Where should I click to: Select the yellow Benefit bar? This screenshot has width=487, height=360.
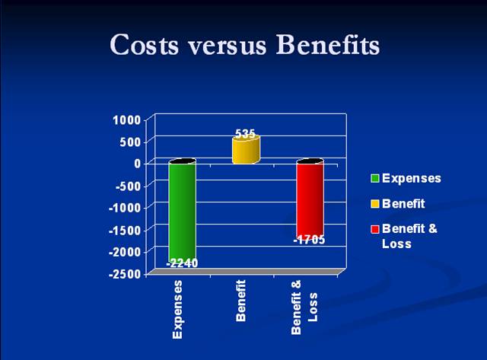pyautogui.click(x=246, y=150)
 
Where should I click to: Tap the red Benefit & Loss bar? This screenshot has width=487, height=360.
pyautogui.click(x=310, y=199)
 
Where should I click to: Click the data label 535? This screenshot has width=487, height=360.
pyautogui.click(x=245, y=134)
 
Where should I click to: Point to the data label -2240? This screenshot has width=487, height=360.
pyautogui.click(x=183, y=263)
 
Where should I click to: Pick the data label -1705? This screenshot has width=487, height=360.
pyautogui.click(x=310, y=240)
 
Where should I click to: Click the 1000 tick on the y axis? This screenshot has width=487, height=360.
pyautogui.click(x=127, y=120)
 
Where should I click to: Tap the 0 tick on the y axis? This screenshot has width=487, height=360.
pyautogui.click(x=138, y=164)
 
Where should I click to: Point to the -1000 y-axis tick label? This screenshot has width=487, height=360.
pyautogui.click(x=125, y=208)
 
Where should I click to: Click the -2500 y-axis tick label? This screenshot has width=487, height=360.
pyautogui.click(x=125, y=274)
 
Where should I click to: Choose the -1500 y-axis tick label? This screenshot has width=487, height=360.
pyautogui.click(x=125, y=230)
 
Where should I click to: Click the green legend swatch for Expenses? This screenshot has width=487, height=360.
pyautogui.click(x=375, y=178)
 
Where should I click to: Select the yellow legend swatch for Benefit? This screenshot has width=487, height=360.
pyautogui.click(x=375, y=204)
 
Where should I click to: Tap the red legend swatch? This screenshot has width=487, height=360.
pyautogui.click(x=375, y=229)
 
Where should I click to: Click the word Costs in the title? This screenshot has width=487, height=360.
pyautogui.click(x=145, y=44)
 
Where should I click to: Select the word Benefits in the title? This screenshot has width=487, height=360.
pyautogui.click(x=328, y=44)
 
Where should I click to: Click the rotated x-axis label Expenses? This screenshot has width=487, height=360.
pyautogui.click(x=177, y=309)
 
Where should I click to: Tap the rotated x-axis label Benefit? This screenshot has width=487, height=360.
pyautogui.click(x=241, y=301)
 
